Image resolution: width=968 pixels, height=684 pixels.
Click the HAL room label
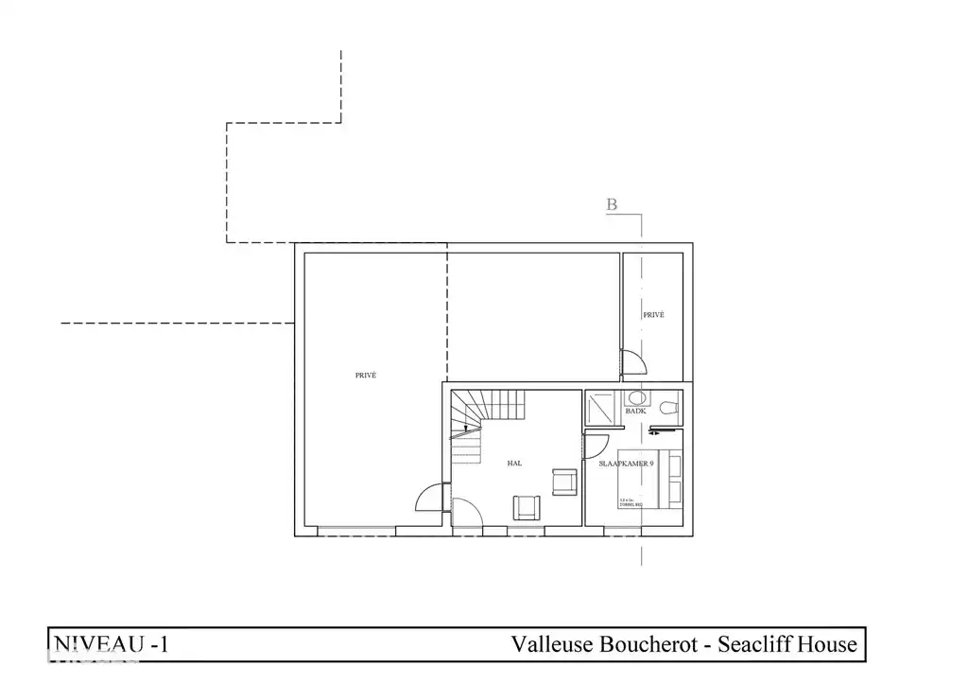point(515,464)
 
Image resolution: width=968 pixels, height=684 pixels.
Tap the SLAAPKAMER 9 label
point(627,464)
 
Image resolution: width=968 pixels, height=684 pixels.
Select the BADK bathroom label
point(635,412)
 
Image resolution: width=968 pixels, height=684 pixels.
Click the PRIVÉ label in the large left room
point(366,376)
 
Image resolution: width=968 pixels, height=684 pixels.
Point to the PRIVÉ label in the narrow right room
point(653,315)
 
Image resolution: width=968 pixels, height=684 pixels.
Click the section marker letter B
point(612,204)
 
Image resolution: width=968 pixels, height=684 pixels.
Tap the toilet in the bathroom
point(669,409)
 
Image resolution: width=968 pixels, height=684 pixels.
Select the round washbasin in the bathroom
point(635,397)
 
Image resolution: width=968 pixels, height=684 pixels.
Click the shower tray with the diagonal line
point(600,409)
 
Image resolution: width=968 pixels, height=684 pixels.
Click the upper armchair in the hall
point(564,482)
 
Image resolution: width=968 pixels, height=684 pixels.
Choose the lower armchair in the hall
point(526,507)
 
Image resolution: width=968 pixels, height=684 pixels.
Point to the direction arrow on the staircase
point(463,431)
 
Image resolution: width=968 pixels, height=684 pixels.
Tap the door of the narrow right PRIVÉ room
point(631,360)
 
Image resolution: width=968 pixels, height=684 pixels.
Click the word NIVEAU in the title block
point(93,645)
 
